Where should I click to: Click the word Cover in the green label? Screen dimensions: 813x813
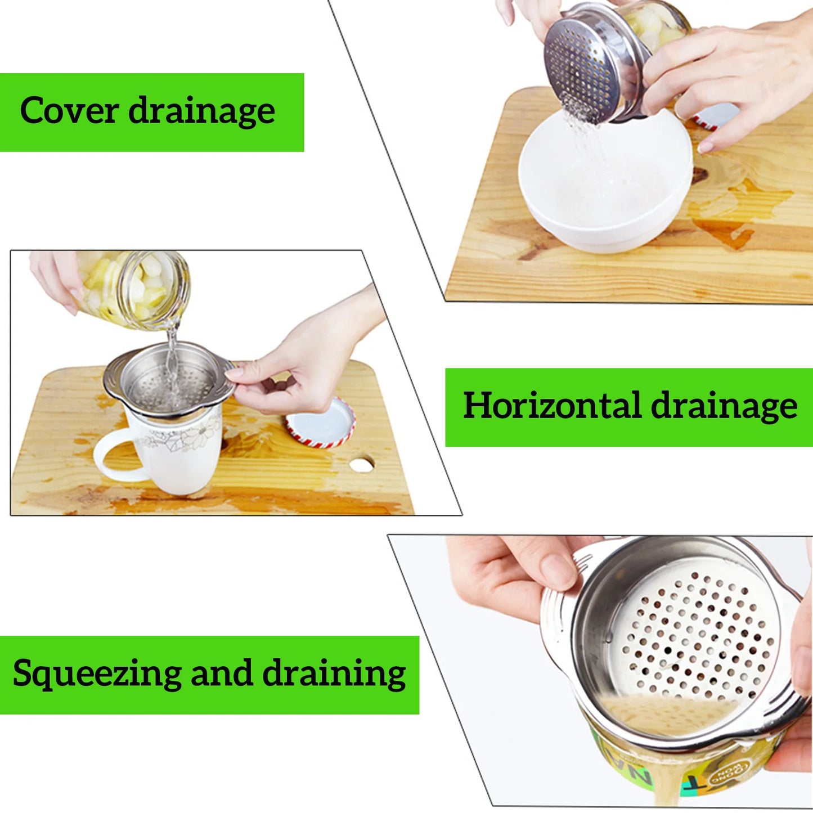(68, 110)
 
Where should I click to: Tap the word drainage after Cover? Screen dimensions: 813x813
(201, 111)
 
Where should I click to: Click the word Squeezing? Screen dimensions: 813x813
(97, 673)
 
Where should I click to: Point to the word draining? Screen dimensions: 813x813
(334, 673)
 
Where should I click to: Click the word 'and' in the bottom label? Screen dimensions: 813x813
(221, 673)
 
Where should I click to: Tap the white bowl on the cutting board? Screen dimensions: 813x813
(605, 186)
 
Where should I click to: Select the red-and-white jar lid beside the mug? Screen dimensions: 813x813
(321, 423)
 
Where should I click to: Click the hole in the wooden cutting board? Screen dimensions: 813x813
(361, 464)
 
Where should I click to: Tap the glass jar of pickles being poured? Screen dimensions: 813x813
(138, 288)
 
